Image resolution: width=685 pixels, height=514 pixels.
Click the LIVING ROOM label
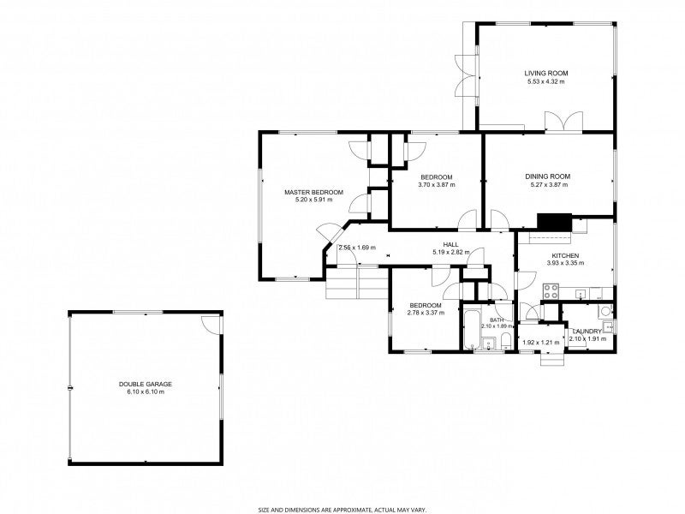(546, 74)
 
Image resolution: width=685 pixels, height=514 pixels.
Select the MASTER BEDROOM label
(313, 192)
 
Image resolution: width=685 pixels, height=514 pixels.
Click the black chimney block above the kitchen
(553, 223)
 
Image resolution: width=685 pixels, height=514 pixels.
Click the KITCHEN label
(565, 256)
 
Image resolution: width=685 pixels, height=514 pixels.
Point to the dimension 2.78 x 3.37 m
(425, 313)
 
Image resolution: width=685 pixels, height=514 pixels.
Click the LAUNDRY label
(587, 331)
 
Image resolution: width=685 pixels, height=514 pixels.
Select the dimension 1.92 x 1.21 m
(540, 343)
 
